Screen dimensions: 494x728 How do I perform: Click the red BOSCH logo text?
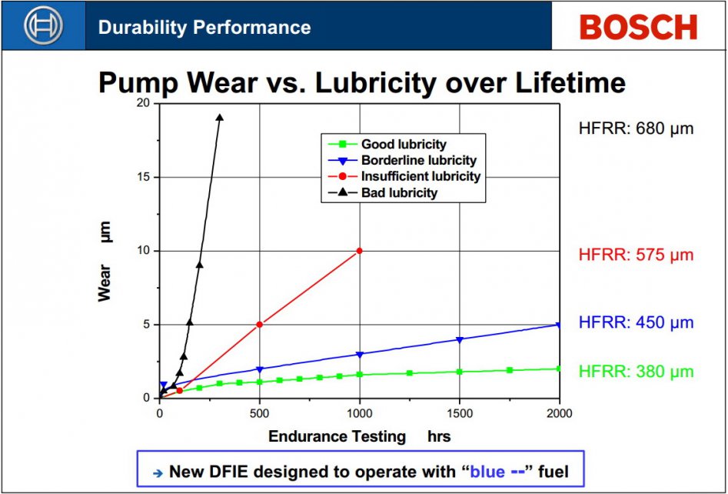(638, 28)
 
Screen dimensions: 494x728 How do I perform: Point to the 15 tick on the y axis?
(142, 177)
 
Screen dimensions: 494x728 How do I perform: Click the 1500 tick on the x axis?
(460, 413)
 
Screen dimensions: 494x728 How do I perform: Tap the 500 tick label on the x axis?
(260, 413)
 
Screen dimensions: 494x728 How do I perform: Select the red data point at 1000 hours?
(359, 251)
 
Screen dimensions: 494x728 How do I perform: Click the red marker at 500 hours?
(260, 324)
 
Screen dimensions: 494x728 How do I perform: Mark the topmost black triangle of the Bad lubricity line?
(220, 118)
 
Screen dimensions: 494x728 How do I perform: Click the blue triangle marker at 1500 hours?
(460, 339)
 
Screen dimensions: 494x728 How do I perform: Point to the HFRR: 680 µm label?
(636, 128)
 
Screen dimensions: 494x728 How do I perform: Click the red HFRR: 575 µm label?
(636, 255)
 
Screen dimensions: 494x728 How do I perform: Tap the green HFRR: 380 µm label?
(636, 372)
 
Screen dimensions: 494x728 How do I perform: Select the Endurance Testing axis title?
(337, 436)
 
